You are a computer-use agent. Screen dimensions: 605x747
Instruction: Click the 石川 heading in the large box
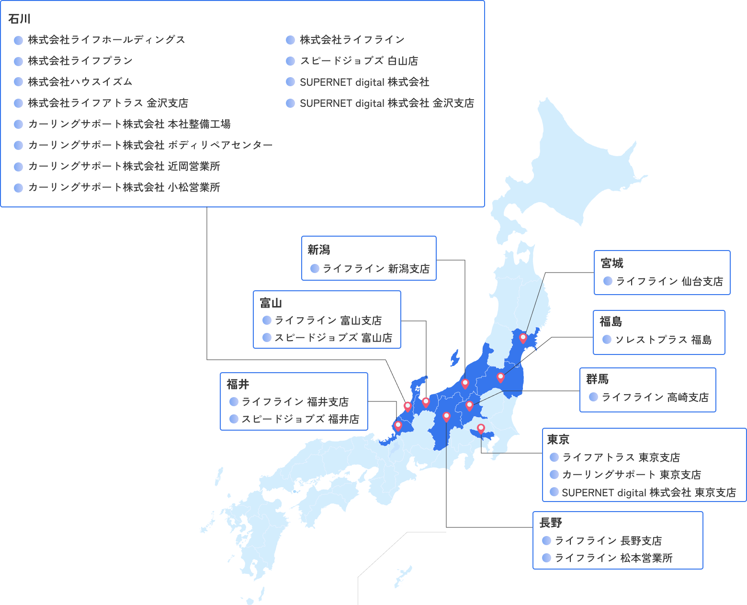click(20, 19)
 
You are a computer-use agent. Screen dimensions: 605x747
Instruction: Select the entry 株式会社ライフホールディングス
click(106, 40)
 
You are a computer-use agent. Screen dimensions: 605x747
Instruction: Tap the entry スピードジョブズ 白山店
click(359, 61)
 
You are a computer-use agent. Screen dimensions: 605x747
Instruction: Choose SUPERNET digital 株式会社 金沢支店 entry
click(386, 103)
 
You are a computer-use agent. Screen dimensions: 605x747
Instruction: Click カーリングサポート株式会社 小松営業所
click(124, 187)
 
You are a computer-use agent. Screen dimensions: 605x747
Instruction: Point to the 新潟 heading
click(319, 250)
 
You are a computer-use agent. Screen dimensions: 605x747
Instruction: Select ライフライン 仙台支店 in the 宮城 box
click(669, 281)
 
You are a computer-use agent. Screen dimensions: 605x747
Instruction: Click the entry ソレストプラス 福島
click(663, 340)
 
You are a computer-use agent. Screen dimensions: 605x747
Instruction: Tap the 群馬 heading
click(597, 379)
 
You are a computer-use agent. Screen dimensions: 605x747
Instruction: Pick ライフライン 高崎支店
click(655, 397)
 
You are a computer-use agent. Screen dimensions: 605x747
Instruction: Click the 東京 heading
click(558, 439)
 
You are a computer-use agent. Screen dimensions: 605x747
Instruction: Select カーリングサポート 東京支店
click(631, 475)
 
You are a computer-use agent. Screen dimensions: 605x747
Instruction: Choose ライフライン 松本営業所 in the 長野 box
click(613, 558)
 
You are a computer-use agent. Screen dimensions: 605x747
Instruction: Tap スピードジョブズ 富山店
click(333, 338)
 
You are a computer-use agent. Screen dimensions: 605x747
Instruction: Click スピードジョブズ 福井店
click(300, 419)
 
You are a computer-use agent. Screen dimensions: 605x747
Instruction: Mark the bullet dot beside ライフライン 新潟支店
click(315, 269)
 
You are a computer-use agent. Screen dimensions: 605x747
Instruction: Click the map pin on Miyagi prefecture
click(523, 338)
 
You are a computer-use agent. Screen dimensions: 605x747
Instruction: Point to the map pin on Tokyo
click(481, 428)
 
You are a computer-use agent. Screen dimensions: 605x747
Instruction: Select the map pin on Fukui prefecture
click(398, 425)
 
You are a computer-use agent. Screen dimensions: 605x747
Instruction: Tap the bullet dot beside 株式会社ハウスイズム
click(18, 82)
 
